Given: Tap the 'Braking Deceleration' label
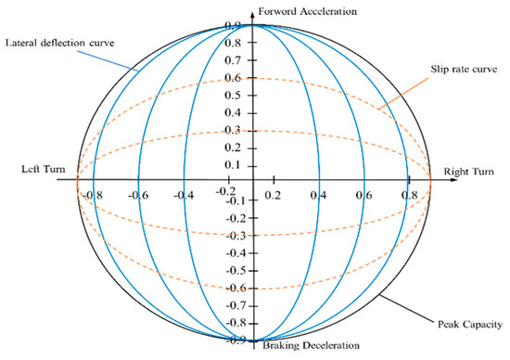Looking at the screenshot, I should coord(310,346).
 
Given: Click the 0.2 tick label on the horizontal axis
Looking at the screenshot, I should coord(273,196).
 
